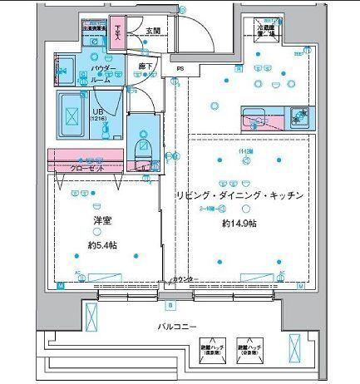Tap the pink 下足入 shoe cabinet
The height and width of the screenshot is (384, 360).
119,32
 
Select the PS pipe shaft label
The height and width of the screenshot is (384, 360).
179,69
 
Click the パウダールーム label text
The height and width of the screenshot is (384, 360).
102,72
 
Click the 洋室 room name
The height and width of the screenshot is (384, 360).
102,221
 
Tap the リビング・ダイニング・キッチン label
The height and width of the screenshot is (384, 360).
237,194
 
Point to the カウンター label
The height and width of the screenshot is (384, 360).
185,279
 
